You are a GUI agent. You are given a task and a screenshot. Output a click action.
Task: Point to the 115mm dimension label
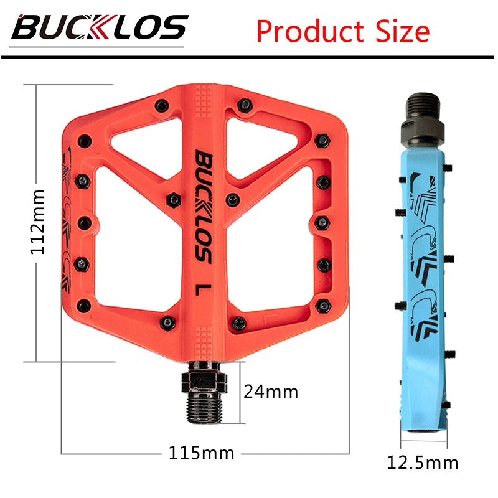tap(202, 453)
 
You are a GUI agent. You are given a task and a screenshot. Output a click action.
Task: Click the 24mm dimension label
tap(271, 392)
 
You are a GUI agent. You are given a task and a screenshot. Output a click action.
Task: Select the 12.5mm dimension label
tap(423, 463)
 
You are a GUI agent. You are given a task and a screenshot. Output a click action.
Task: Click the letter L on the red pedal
tap(202, 290)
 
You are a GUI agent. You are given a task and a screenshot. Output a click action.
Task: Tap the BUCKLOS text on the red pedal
tap(204, 206)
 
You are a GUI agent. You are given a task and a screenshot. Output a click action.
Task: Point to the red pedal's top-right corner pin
tap(322, 139)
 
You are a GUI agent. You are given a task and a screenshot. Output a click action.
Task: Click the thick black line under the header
tap(249, 57)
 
